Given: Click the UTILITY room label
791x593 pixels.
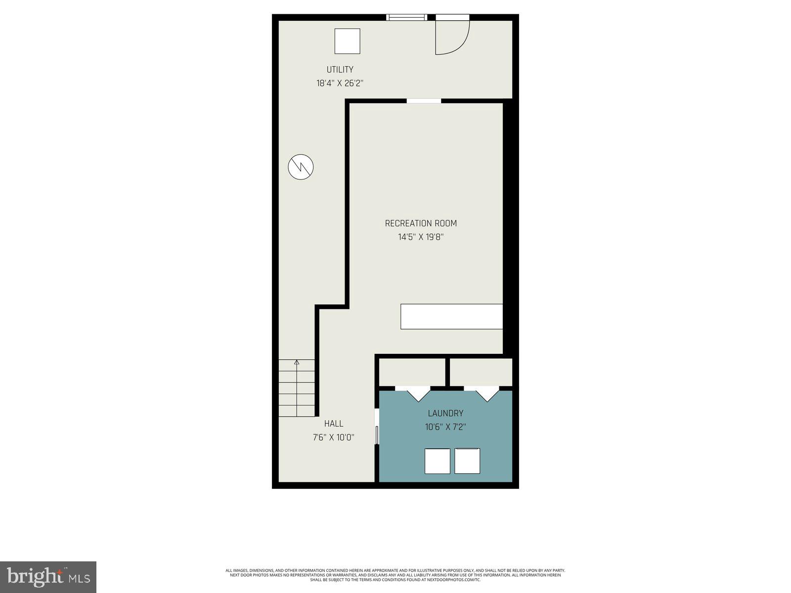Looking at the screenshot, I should pyautogui.click(x=340, y=70).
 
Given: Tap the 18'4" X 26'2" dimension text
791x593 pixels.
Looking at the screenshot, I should pyautogui.click(x=340, y=84).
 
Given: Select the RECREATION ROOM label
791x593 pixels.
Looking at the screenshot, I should pyautogui.click(x=421, y=223).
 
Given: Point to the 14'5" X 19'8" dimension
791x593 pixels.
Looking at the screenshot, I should pyautogui.click(x=421, y=237).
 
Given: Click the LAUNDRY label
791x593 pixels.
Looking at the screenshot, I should pyautogui.click(x=445, y=413).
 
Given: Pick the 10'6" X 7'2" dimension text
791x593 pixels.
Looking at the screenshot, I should pyautogui.click(x=445, y=427).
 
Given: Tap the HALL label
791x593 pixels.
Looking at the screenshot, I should pyautogui.click(x=334, y=424).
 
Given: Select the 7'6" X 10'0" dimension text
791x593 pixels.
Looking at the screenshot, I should pyautogui.click(x=334, y=437).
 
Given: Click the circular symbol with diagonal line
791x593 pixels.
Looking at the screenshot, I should pyautogui.click(x=301, y=167).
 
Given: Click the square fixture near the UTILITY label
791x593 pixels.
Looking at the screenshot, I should pyautogui.click(x=347, y=41).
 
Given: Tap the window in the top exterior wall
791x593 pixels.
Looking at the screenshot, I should pyautogui.click(x=406, y=17).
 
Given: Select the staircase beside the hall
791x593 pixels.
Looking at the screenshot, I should pyautogui.click(x=297, y=388).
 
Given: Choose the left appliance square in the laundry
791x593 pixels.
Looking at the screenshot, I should pyautogui.click(x=438, y=461).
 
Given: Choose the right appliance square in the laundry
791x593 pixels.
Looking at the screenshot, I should pyautogui.click(x=467, y=461).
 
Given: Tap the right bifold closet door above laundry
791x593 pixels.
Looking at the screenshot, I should pyautogui.click(x=487, y=394).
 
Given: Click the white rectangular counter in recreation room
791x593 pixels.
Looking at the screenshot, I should pyautogui.click(x=451, y=316).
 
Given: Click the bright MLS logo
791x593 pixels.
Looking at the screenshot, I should pyautogui.click(x=48, y=576).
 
